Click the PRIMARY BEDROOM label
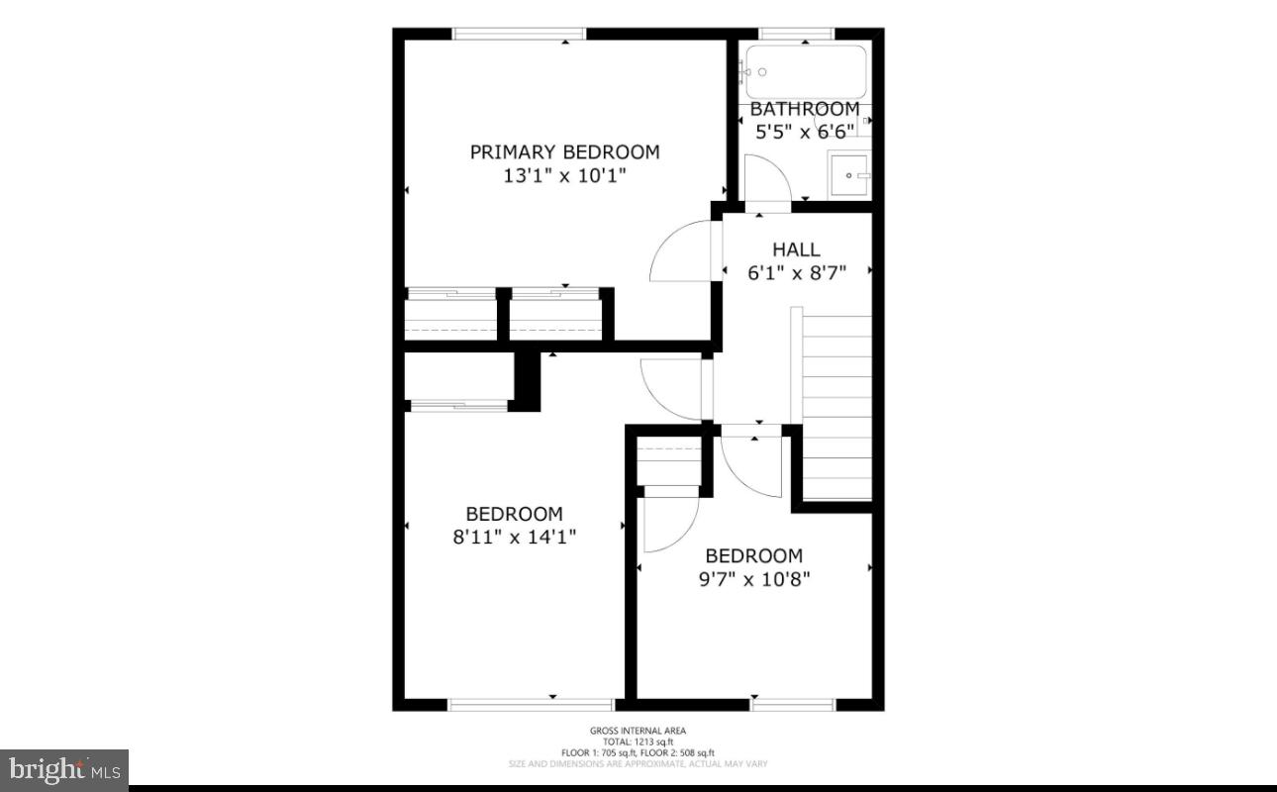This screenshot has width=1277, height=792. click(x=564, y=152)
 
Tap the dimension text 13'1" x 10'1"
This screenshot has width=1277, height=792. click(x=564, y=176)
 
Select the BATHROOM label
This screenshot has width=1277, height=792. click(x=804, y=109)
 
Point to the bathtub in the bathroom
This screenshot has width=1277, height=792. click(x=806, y=71)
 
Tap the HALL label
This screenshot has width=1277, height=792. click(x=796, y=250)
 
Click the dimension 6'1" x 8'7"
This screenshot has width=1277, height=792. click(x=797, y=273)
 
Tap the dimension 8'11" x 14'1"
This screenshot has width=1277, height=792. click(x=514, y=538)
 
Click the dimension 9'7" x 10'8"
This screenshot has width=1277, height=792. click(x=753, y=579)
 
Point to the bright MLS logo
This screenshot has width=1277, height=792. click(x=64, y=768)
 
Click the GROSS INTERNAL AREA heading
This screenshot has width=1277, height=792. click(x=638, y=731)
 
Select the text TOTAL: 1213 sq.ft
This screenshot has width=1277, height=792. click(x=638, y=742)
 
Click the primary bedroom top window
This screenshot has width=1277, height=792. click(x=519, y=34)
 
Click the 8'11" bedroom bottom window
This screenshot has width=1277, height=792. click(x=517, y=705)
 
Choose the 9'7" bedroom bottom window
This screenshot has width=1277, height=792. click(x=793, y=705)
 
